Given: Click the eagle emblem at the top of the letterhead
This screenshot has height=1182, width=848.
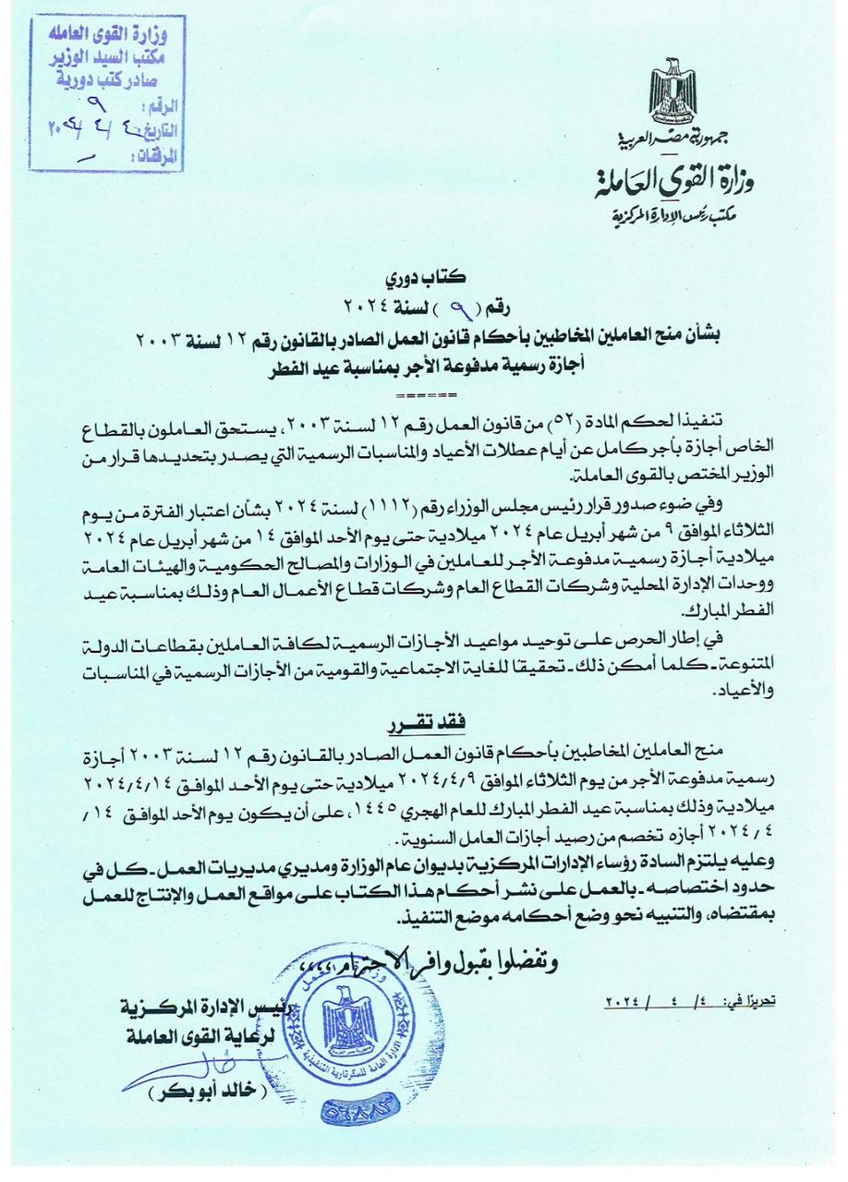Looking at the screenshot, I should pyautogui.click(x=675, y=94).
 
